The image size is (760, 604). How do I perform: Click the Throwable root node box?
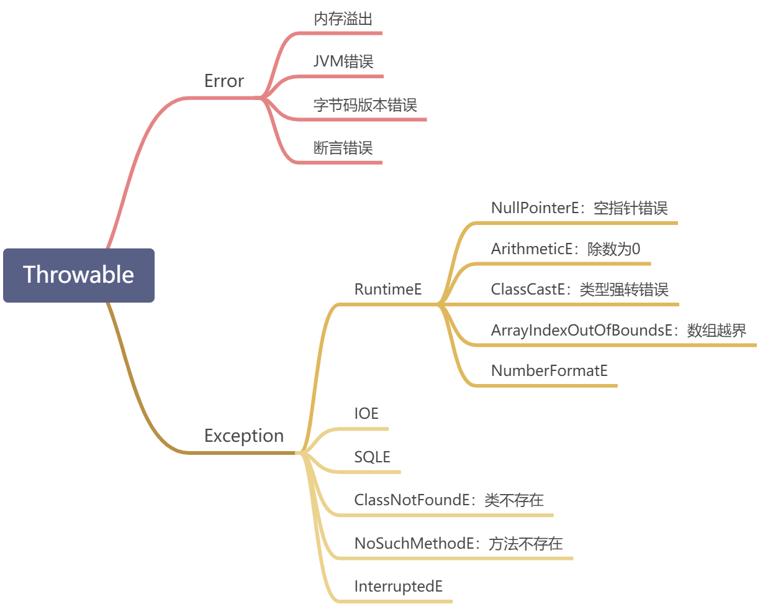point(79,275)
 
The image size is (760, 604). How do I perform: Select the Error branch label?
point(224,81)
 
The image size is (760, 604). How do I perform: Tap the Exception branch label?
point(243,436)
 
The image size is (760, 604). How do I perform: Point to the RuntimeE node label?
point(388,289)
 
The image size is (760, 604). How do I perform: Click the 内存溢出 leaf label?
point(343,19)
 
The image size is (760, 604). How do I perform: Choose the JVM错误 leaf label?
point(343,62)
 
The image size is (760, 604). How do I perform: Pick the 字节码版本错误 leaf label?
point(365,104)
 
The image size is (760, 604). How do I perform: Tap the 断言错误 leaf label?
point(343,148)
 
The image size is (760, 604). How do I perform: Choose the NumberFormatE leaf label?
point(549,370)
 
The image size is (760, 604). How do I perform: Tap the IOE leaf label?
point(366,413)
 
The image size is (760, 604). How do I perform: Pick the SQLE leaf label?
point(372,457)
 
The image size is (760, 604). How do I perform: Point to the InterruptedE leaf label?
point(398,586)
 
